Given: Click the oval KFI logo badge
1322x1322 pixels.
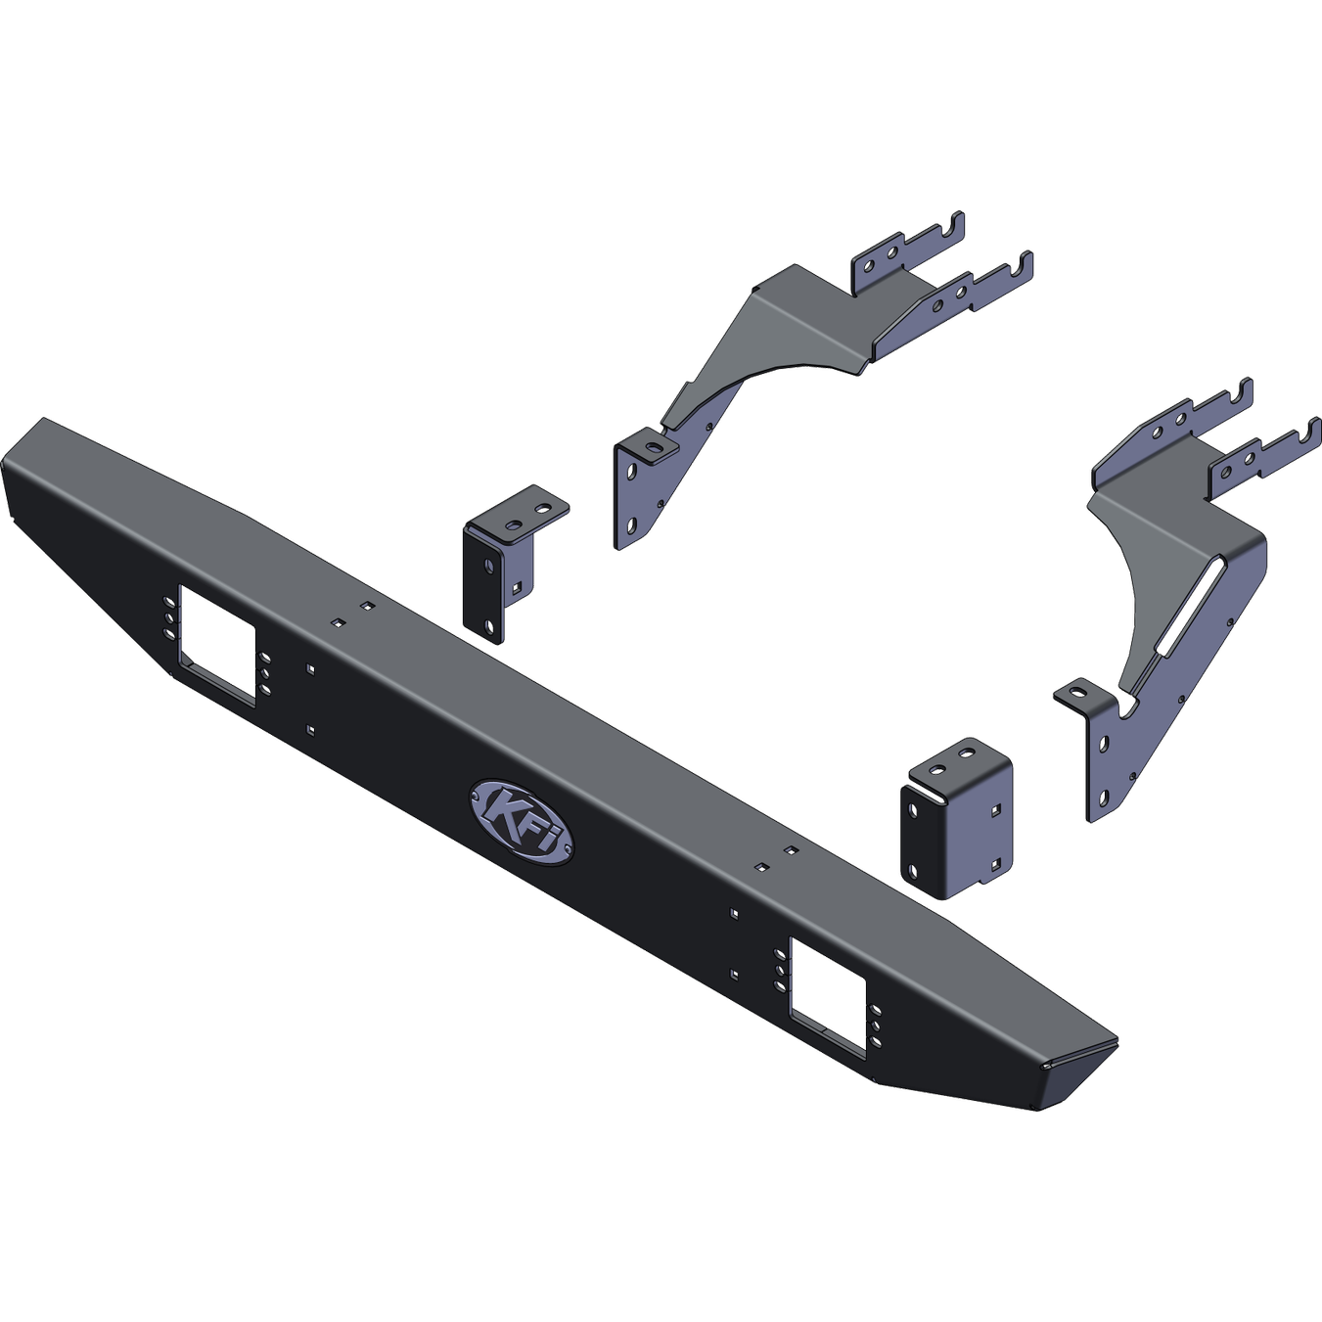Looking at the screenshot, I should tap(523, 823).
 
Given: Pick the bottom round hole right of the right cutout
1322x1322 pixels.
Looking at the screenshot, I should tap(876, 1043).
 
